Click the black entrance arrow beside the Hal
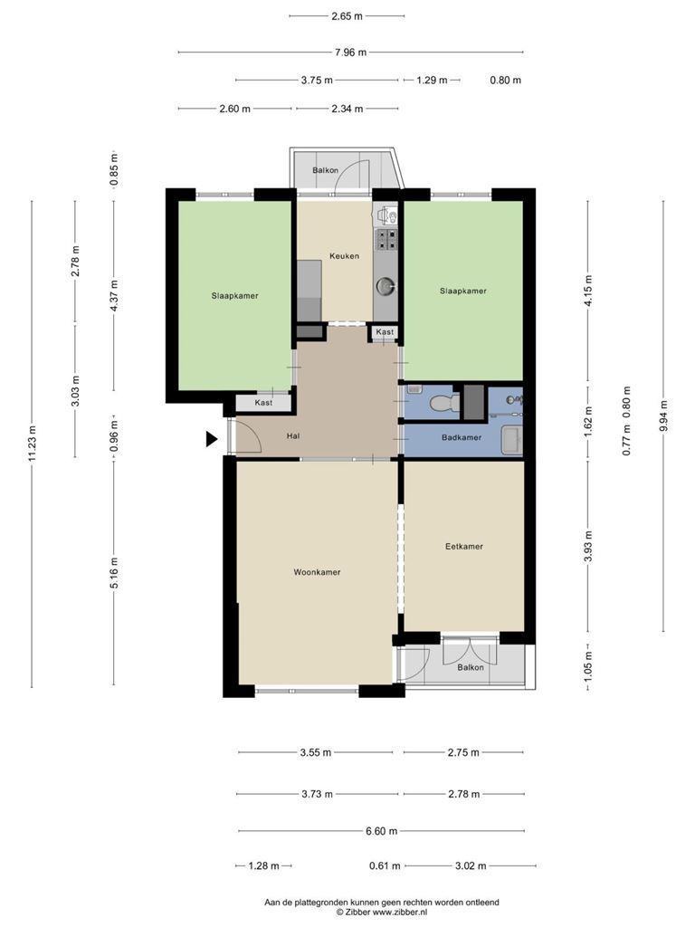(x=212, y=439)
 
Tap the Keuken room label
(x=344, y=256)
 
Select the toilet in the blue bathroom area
(x=445, y=403)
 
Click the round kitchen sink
(x=386, y=287)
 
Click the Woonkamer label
(x=317, y=572)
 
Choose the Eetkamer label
(x=464, y=546)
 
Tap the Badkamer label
(x=462, y=437)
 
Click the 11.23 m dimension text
(x=32, y=444)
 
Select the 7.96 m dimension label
(x=350, y=52)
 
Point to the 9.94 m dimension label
(x=663, y=416)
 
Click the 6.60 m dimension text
(x=381, y=831)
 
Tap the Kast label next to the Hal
(x=263, y=403)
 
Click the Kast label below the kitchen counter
(x=385, y=331)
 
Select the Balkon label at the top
(x=326, y=170)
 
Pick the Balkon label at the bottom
(x=471, y=667)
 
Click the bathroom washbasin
(x=512, y=441)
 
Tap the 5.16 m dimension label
(x=114, y=572)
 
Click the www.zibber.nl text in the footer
(x=399, y=913)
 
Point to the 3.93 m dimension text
(x=587, y=546)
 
